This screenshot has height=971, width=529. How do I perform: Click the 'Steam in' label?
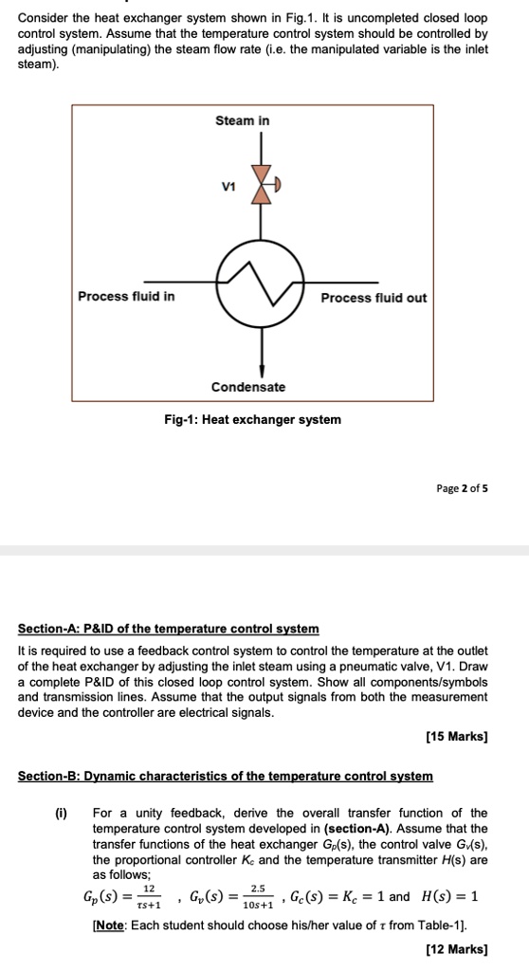point(242,120)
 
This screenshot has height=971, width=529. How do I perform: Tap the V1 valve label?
point(226,187)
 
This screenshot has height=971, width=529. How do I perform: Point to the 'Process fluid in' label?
point(126,297)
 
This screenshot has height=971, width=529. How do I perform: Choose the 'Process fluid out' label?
point(374,298)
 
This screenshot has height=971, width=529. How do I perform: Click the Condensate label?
point(247,387)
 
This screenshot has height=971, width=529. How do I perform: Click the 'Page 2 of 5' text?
point(462,489)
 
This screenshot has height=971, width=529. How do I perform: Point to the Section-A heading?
point(169,629)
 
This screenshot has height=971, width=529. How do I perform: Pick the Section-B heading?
point(226,776)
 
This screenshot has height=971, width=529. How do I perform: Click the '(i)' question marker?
point(60,813)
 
